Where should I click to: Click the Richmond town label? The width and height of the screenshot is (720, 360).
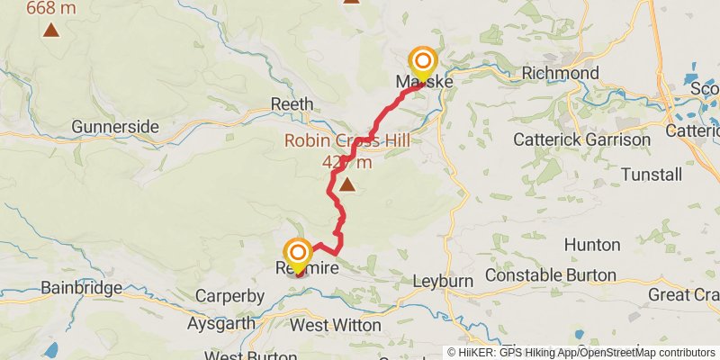tap(560, 73)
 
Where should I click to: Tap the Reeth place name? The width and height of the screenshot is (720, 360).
tap(292, 104)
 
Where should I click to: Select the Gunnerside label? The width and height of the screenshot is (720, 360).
tap(115, 126)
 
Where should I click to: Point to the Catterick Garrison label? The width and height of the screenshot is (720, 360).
tap(581, 139)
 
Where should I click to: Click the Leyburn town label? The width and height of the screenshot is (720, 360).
tap(443, 282)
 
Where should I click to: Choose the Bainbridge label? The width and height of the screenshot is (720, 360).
tap(82, 289)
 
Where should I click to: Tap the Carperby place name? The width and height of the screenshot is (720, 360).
tap(231, 296)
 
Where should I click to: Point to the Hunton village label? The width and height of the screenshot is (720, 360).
tap(592, 245)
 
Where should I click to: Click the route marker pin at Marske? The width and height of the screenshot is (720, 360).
tap(422, 63)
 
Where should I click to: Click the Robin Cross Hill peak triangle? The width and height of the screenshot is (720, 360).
tap(346, 185)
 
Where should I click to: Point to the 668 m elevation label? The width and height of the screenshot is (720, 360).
tap(51, 9)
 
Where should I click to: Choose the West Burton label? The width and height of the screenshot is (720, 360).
tap(238, 355)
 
